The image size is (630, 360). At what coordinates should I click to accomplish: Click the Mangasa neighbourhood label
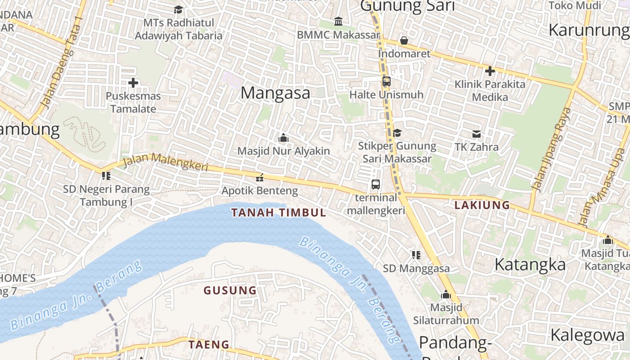(x=275, y=93)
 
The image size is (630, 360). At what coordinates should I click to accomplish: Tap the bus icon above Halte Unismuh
(x=386, y=81)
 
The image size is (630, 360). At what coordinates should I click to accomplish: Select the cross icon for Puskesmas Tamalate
(x=133, y=83)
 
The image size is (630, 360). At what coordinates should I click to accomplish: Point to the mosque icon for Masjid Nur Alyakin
(x=283, y=138)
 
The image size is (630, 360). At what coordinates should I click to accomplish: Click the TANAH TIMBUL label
(x=279, y=213)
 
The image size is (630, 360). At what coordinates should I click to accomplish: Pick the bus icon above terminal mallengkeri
(x=376, y=184)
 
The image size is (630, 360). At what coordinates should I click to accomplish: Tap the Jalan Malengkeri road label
(x=165, y=162)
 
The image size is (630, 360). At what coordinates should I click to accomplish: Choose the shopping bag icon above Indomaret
(x=404, y=40)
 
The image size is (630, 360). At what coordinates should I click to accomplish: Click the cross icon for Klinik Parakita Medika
(x=490, y=71)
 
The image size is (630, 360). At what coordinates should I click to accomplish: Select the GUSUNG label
(x=230, y=291)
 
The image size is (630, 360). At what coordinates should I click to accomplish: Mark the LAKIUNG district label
(x=482, y=206)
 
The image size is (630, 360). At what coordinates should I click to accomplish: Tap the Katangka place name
(x=530, y=265)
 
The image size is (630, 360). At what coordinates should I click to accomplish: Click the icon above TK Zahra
(x=477, y=134)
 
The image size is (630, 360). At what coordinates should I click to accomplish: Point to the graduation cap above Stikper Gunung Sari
(x=397, y=133)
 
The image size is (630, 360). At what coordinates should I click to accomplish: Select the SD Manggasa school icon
(x=416, y=255)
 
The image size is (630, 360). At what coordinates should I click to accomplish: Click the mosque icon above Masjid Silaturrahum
(x=446, y=294)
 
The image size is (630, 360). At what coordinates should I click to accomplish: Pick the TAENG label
(x=209, y=345)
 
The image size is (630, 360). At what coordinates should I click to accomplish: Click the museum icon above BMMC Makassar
(x=338, y=21)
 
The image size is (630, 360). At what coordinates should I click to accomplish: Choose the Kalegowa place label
(x=588, y=335)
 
